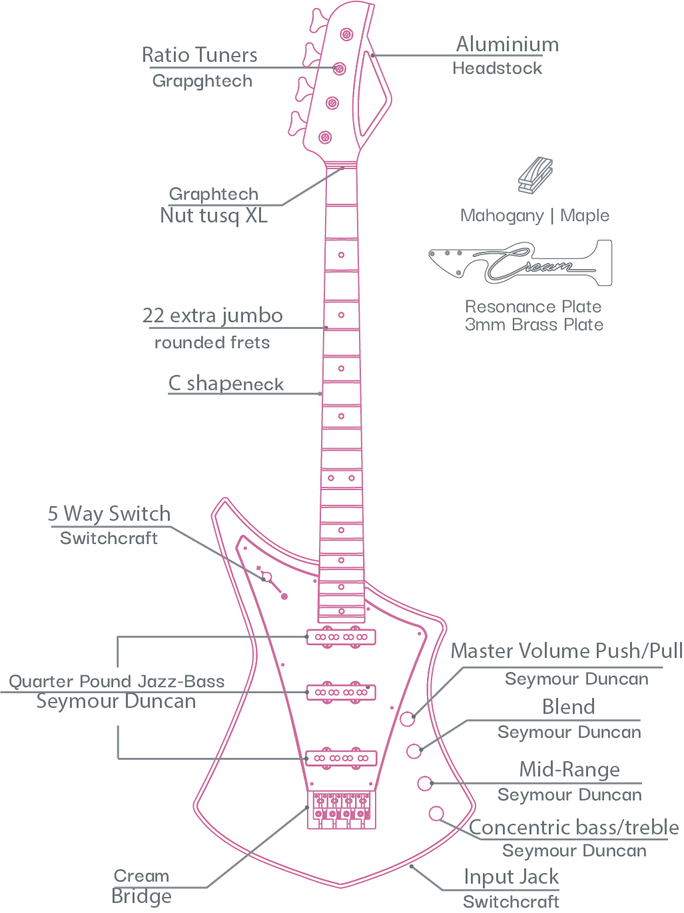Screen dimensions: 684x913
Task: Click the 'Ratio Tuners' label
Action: point(200,55)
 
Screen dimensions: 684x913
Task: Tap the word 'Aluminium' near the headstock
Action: point(508,44)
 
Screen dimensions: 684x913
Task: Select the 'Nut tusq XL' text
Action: point(214,216)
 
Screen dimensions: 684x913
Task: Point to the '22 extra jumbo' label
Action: point(212,316)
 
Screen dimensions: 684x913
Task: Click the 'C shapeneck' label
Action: point(226,384)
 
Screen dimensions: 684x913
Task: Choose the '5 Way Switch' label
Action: point(109,513)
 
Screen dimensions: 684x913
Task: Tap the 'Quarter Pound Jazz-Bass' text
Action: point(117,681)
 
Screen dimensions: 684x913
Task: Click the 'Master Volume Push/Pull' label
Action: point(567,651)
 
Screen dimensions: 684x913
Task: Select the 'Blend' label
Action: point(568,707)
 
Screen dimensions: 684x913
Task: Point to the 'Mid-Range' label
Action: point(569,770)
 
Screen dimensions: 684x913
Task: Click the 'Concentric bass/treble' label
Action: point(574,827)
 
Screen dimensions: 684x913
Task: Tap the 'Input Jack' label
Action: point(511,877)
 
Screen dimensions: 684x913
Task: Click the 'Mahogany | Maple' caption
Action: point(535,216)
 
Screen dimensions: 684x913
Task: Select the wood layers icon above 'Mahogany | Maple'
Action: point(535,175)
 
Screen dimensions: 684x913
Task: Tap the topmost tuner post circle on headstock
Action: point(346,34)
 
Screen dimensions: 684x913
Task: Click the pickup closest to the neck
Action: point(341,637)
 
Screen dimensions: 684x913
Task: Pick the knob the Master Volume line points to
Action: point(408,719)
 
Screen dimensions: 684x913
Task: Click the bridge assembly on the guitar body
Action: point(341,809)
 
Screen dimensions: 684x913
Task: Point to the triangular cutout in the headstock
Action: point(371,95)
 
